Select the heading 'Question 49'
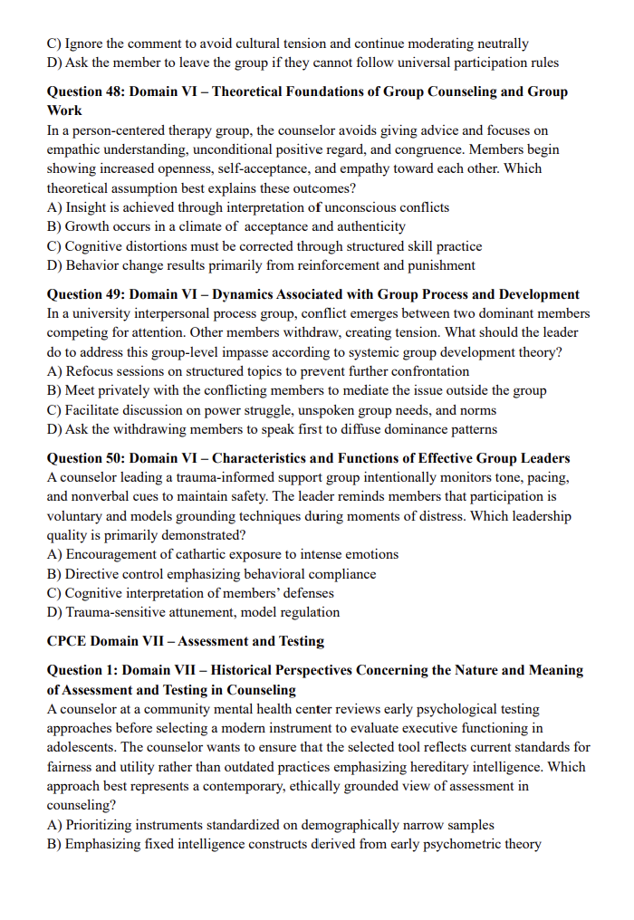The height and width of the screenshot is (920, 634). tap(312, 294)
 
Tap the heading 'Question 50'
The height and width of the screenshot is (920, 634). tap(308, 458)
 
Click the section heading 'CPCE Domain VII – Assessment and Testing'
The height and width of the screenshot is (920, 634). tap(185, 641)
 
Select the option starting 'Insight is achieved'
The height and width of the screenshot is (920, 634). tap(247, 207)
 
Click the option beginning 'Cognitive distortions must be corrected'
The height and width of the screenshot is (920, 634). tap(264, 246)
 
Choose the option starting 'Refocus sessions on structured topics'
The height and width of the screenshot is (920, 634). tap(258, 371)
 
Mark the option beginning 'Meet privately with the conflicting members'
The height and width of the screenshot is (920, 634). tap(296, 391)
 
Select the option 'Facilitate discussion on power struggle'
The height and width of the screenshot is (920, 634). tap(271, 410)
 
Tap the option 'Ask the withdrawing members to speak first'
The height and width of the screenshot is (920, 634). tap(272, 429)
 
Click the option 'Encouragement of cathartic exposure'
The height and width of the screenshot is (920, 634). tap(223, 554)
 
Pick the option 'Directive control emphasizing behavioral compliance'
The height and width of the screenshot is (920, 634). tap(211, 574)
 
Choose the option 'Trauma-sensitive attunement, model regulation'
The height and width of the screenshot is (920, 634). tap(193, 612)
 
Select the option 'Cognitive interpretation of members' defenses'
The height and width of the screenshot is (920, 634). tap(190, 593)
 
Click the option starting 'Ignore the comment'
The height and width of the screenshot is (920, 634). tap(288, 43)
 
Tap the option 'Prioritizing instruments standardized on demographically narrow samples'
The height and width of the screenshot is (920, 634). tap(270, 825)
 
